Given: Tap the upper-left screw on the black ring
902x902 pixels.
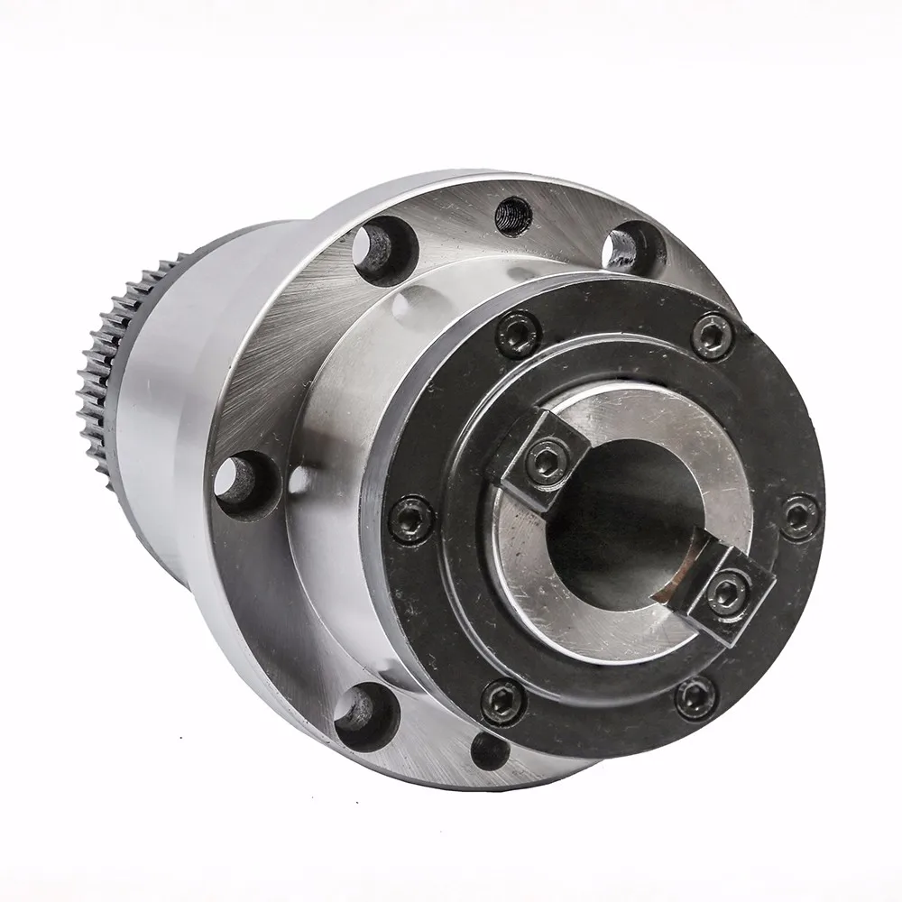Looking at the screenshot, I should (x=520, y=334).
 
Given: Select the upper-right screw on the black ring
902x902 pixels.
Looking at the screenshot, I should (x=712, y=336).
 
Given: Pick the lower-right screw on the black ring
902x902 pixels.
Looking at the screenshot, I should (x=695, y=697).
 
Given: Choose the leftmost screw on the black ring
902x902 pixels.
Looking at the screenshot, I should (x=412, y=520).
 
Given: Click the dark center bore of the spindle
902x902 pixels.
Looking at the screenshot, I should (x=622, y=532).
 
